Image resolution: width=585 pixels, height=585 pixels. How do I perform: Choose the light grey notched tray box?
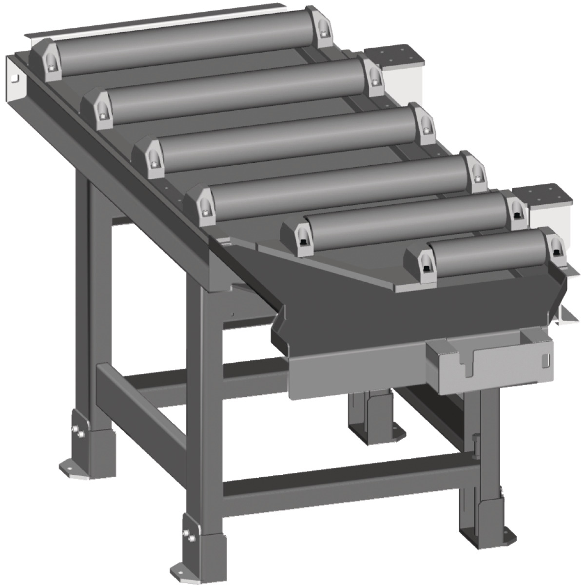pos(490,363)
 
